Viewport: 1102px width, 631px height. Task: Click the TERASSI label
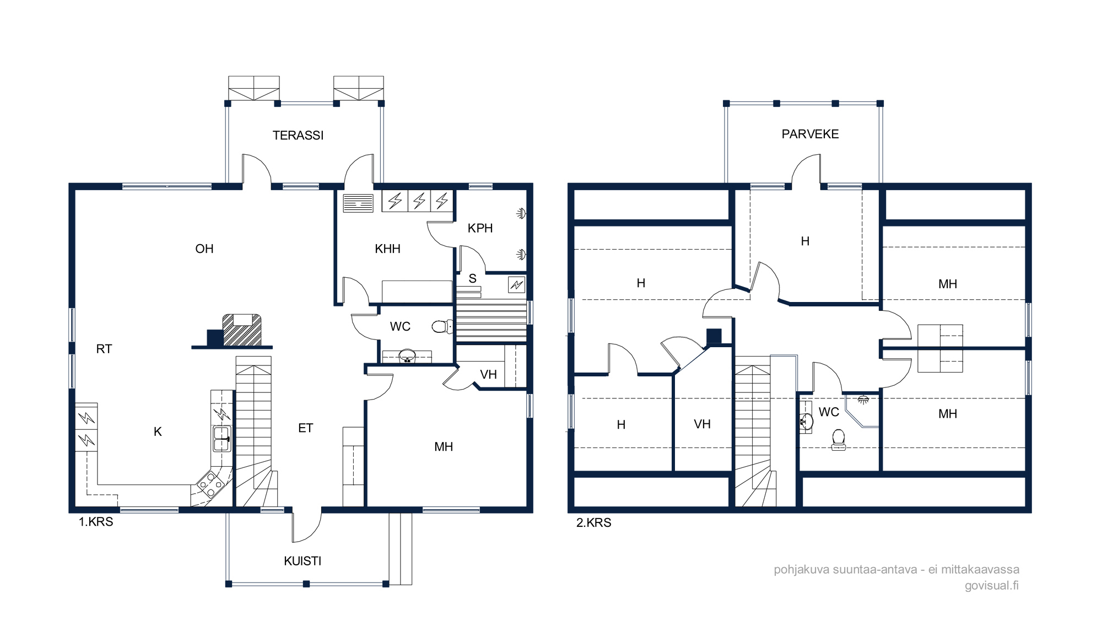[298, 135]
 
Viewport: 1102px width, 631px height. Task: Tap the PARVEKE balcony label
[810, 134]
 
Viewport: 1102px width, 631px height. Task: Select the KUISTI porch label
[302, 561]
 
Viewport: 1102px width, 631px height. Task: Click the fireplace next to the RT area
[242, 330]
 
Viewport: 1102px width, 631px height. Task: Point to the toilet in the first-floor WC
[441, 327]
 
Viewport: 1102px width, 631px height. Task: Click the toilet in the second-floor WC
[838, 440]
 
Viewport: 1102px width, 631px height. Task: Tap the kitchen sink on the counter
[222, 439]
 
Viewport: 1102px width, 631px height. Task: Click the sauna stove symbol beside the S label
[516, 284]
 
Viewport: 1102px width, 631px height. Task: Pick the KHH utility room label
[387, 249]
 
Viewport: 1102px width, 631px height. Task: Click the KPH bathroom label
[480, 228]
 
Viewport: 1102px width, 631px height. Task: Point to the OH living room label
[204, 249]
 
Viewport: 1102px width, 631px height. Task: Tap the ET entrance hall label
[306, 428]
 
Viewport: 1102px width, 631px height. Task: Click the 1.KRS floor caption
[96, 522]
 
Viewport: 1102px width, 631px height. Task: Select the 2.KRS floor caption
[594, 523]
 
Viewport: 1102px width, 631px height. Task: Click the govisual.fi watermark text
[991, 585]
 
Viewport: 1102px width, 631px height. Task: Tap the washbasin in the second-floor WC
[806, 422]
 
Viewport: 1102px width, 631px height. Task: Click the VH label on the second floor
[702, 424]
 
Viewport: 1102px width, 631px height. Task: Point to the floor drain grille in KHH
[358, 203]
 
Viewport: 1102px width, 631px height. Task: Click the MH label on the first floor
[444, 447]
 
